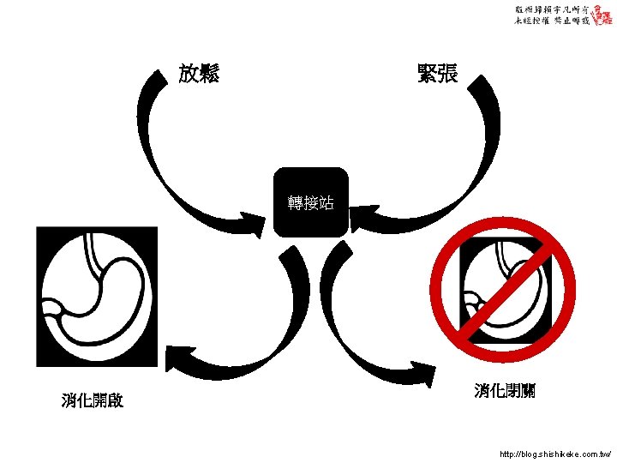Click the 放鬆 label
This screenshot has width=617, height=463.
click(x=199, y=74)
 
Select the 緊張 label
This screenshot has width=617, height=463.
click(x=437, y=74)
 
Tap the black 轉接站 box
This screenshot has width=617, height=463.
click(x=311, y=202)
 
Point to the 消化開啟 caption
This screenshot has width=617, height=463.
click(x=93, y=400)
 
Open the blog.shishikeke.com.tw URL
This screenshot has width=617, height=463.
click(x=554, y=452)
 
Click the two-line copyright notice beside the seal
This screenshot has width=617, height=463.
click(x=552, y=15)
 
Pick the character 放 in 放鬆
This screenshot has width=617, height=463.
click(x=189, y=74)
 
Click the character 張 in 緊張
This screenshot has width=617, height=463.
click(x=447, y=74)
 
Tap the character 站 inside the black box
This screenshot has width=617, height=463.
click(x=326, y=202)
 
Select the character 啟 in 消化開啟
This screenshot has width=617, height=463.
click(x=116, y=400)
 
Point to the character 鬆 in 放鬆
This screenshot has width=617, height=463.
click(x=209, y=74)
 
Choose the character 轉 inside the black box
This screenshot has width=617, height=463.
click(x=297, y=202)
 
